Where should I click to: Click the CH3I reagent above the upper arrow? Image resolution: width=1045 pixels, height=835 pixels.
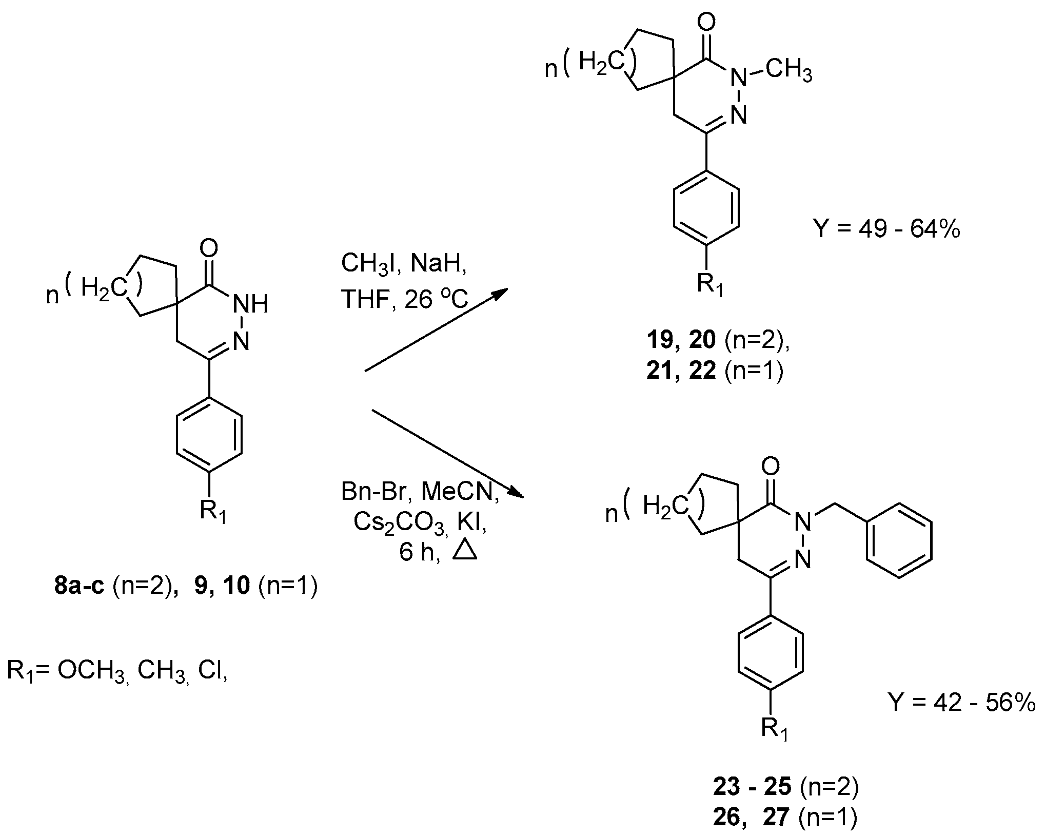[368, 265]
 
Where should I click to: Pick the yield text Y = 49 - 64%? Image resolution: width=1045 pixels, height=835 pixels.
[886, 230]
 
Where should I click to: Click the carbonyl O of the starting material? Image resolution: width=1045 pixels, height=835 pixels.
[209, 249]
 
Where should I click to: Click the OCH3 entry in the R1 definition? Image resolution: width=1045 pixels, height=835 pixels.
[91, 671]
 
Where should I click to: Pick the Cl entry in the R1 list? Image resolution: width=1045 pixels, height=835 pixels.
[210, 671]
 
